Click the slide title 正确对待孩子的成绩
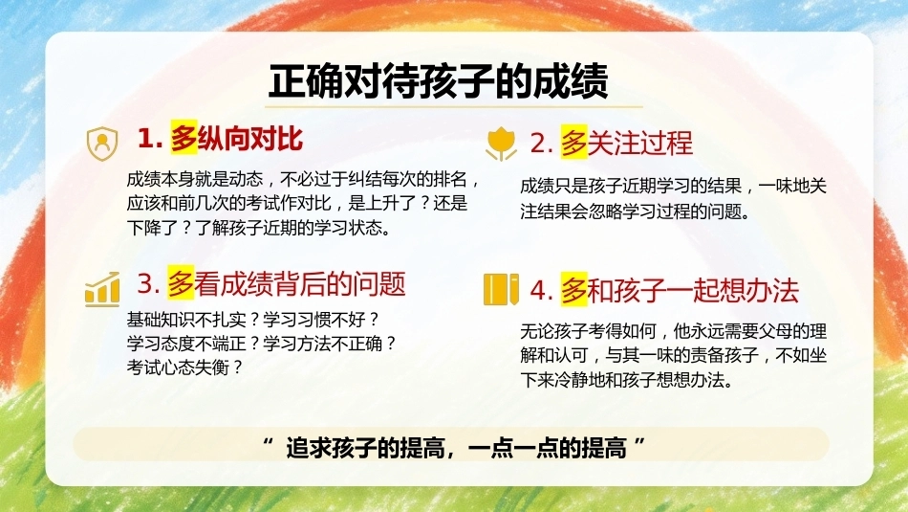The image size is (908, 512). point(438,80)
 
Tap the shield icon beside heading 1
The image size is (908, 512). point(102,144)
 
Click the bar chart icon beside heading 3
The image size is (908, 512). point(102,288)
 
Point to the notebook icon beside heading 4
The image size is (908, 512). point(501,289)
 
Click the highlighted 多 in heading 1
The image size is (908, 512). point(184,138)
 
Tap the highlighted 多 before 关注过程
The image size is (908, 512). point(573,143)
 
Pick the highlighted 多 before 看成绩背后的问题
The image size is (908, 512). point(181,283)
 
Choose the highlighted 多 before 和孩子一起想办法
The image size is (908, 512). point(573,290)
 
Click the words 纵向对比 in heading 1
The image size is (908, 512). point(250,139)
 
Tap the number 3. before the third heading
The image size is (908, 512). point(149,284)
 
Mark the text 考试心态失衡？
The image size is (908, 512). point(185,367)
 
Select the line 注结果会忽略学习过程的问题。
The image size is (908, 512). point(636,211)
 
